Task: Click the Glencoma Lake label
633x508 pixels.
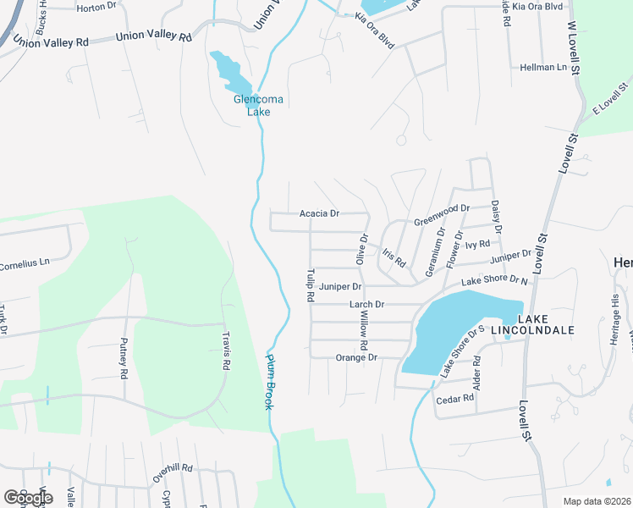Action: (258, 105)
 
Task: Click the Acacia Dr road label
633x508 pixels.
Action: (319, 214)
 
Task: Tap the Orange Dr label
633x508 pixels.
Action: (356, 358)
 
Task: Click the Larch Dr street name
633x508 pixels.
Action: (366, 304)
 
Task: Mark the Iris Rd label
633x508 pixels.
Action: (394, 257)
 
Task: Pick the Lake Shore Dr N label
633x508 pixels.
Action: (494, 281)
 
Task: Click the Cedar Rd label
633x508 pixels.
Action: (454, 400)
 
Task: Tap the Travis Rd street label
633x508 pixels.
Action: (226, 354)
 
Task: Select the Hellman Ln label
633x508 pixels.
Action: (543, 67)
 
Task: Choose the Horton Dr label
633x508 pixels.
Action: (96, 8)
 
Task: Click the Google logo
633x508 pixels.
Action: (28, 498)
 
